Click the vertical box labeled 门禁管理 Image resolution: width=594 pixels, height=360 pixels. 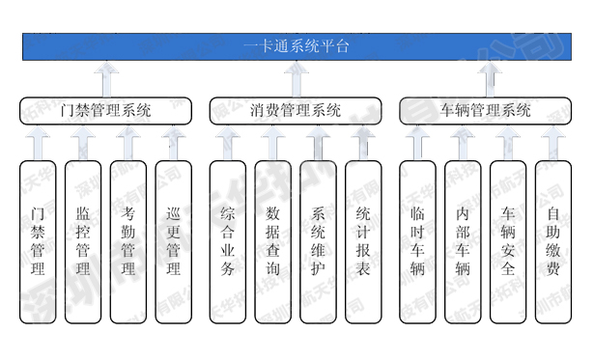coord(38,241)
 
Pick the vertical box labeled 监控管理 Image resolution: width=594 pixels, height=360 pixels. coord(83,241)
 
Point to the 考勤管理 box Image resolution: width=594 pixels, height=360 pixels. coord(127,241)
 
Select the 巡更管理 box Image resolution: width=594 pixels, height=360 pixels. coord(173,241)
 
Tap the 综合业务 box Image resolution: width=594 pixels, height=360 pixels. coord(228,241)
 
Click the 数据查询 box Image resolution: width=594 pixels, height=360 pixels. coord(272,241)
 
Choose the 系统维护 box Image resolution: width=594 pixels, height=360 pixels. coord(318,241)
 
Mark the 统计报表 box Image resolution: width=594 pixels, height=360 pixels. coord(363,241)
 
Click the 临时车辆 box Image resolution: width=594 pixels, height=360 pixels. coord(417,241)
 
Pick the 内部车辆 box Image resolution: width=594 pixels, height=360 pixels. coord(463,241)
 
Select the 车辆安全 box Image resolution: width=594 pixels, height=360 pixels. coord(508,241)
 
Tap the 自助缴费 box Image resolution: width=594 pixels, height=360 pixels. coord(552,241)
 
